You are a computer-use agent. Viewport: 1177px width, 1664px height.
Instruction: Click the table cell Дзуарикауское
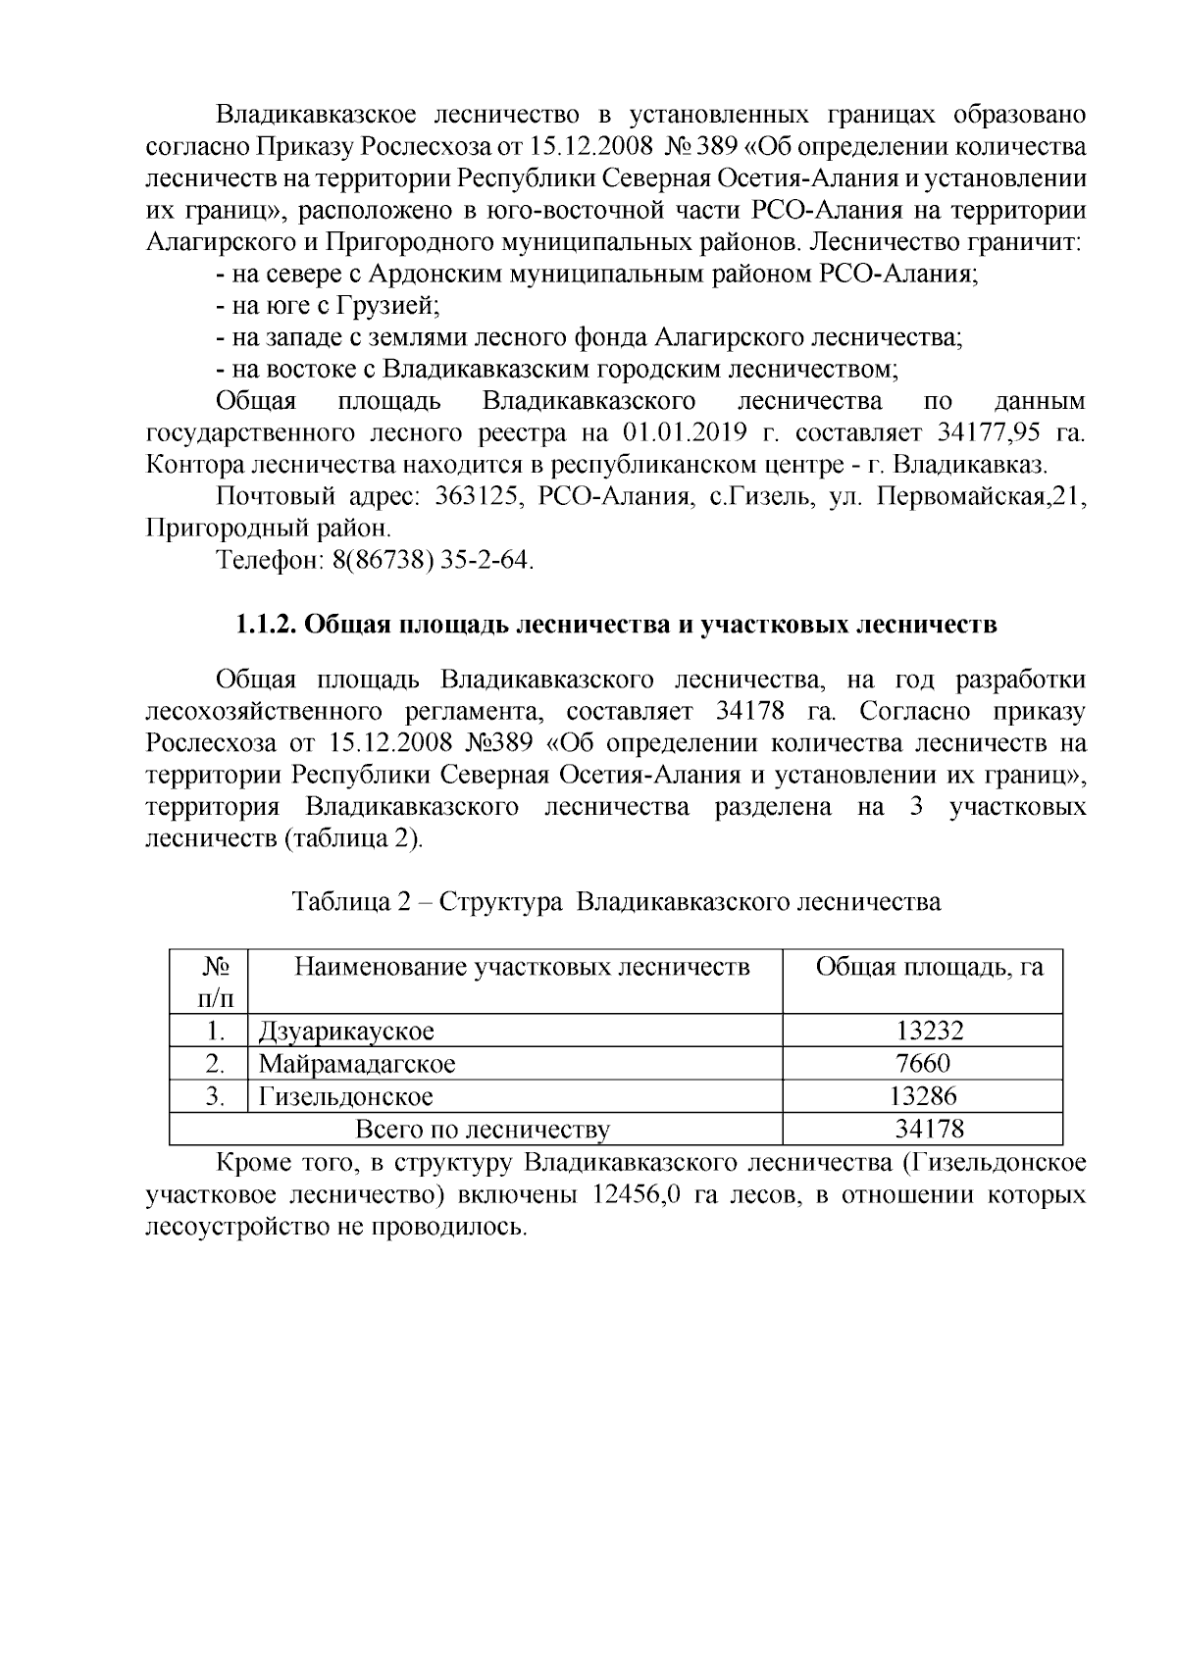point(345,1031)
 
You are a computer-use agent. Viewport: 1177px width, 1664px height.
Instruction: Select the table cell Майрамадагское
point(356,1064)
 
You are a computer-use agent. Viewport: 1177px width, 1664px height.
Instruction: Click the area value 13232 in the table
point(929,1031)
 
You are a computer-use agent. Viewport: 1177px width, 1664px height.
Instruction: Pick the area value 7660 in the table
point(923,1064)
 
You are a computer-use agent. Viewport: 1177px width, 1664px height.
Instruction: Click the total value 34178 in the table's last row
point(929,1130)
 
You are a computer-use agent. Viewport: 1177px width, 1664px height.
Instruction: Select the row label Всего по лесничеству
point(482,1130)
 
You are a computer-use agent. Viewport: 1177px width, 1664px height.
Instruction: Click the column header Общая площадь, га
point(929,968)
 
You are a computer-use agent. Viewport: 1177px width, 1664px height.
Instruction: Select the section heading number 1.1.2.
point(264,625)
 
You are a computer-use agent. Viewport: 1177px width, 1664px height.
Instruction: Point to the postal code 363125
point(462,497)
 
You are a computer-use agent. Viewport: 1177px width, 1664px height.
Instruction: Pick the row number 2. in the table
point(212,1064)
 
